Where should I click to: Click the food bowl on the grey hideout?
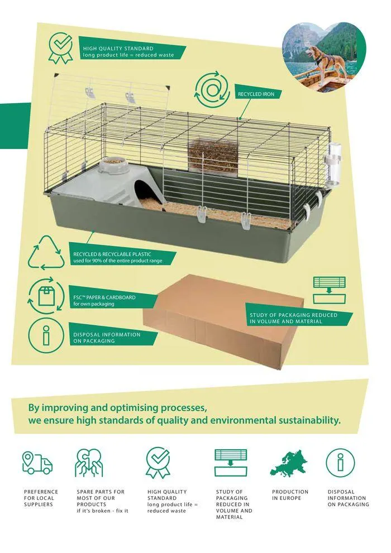point(114,161)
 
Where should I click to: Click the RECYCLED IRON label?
point(256,94)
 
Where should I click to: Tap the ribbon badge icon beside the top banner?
point(61,48)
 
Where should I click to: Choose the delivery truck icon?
point(37,463)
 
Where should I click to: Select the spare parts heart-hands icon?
point(89,463)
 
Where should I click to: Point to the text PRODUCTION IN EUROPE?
point(290,495)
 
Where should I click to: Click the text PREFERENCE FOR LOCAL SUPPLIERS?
point(40,498)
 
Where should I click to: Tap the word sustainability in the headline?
point(303,420)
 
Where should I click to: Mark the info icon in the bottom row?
point(340,463)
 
